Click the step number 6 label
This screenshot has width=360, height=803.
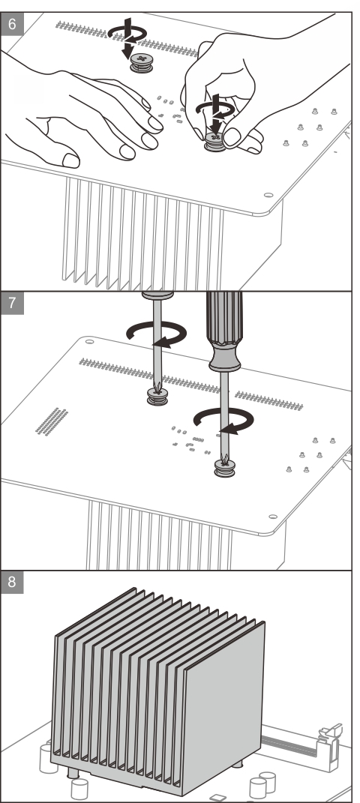point(12,23)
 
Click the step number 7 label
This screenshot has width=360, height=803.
point(12,303)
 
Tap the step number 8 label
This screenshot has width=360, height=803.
point(12,583)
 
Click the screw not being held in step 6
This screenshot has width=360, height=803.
point(141,63)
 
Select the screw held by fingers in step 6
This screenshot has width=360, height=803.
point(215,142)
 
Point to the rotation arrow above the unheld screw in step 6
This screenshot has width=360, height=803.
point(127,34)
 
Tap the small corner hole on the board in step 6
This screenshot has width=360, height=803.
point(268,195)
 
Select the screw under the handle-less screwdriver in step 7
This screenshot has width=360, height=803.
point(157,397)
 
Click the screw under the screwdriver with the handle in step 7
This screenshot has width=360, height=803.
point(224,468)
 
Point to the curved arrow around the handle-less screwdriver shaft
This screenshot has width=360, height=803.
point(157,335)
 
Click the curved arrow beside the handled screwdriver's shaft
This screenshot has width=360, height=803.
point(223,421)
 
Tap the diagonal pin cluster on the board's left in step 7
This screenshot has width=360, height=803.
point(52,422)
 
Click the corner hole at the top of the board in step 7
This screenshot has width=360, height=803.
point(89,340)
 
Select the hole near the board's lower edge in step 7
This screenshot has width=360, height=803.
point(273,517)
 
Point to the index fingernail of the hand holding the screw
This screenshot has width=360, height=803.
point(232,136)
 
